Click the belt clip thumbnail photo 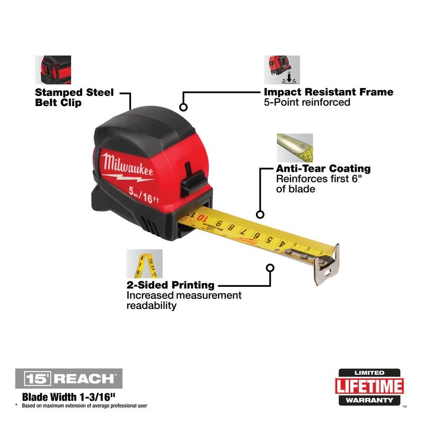tap(53, 69)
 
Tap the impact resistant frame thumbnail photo tap(281, 69)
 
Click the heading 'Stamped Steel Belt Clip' tap(74, 98)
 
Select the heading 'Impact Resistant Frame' tap(329, 92)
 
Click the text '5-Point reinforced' tap(307, 102)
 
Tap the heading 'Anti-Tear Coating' tap(323, 169)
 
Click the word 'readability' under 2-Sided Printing tap(151, 306)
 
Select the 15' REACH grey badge tap(69, 378)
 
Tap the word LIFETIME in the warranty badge tap(369, 385)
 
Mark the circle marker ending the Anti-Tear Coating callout tap(260, 215)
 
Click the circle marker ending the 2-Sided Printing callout tap(270, 268)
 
